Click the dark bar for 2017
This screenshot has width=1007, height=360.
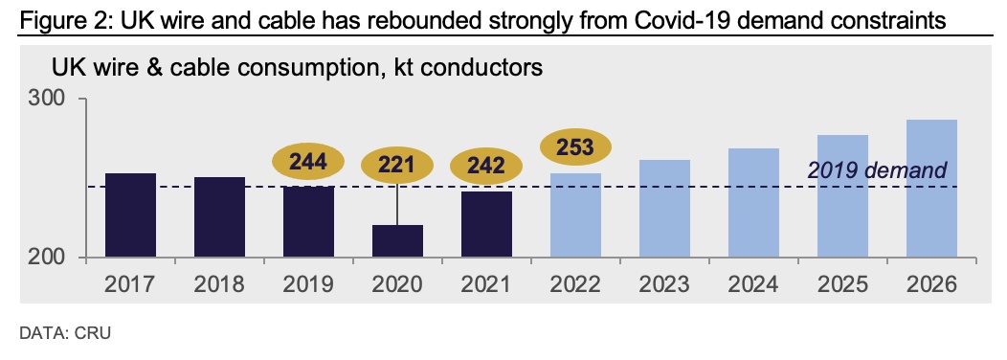coord(131,215)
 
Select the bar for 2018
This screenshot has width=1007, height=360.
coord(219,217)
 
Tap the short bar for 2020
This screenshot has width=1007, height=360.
coord(397,241)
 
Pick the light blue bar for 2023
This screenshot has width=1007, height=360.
coord(664,209)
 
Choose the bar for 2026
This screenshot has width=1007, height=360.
coord(932,189)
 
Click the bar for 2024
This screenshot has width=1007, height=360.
coord(754,203)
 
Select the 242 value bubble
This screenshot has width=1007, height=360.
coord(485,167)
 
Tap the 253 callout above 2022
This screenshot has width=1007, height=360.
coord(574,146)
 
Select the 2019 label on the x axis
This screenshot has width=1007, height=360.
coord(308,283)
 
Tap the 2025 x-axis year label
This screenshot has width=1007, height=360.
coord(843,283)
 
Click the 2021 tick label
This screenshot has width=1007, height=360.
coord(486,283)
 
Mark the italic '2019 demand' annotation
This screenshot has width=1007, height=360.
coord(877,170)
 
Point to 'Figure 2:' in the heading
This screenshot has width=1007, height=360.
coord(60,20)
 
